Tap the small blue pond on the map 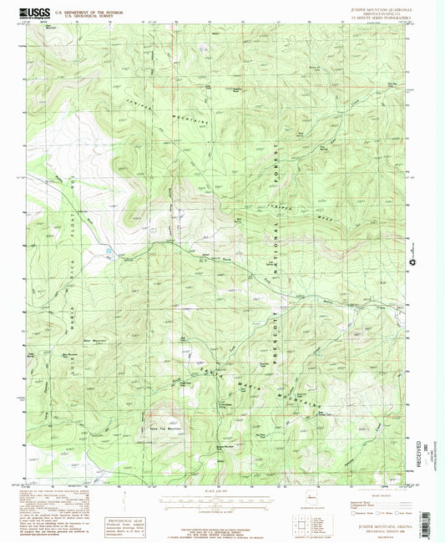tap(108, 250)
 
